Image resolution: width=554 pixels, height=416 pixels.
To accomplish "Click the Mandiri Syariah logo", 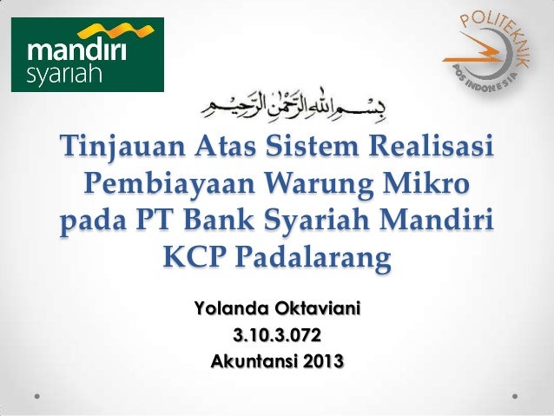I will coord(87,55).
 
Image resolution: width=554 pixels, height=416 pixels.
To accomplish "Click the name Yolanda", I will coord(230,308).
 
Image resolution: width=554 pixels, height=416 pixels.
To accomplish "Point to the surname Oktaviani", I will coord(317,308).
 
